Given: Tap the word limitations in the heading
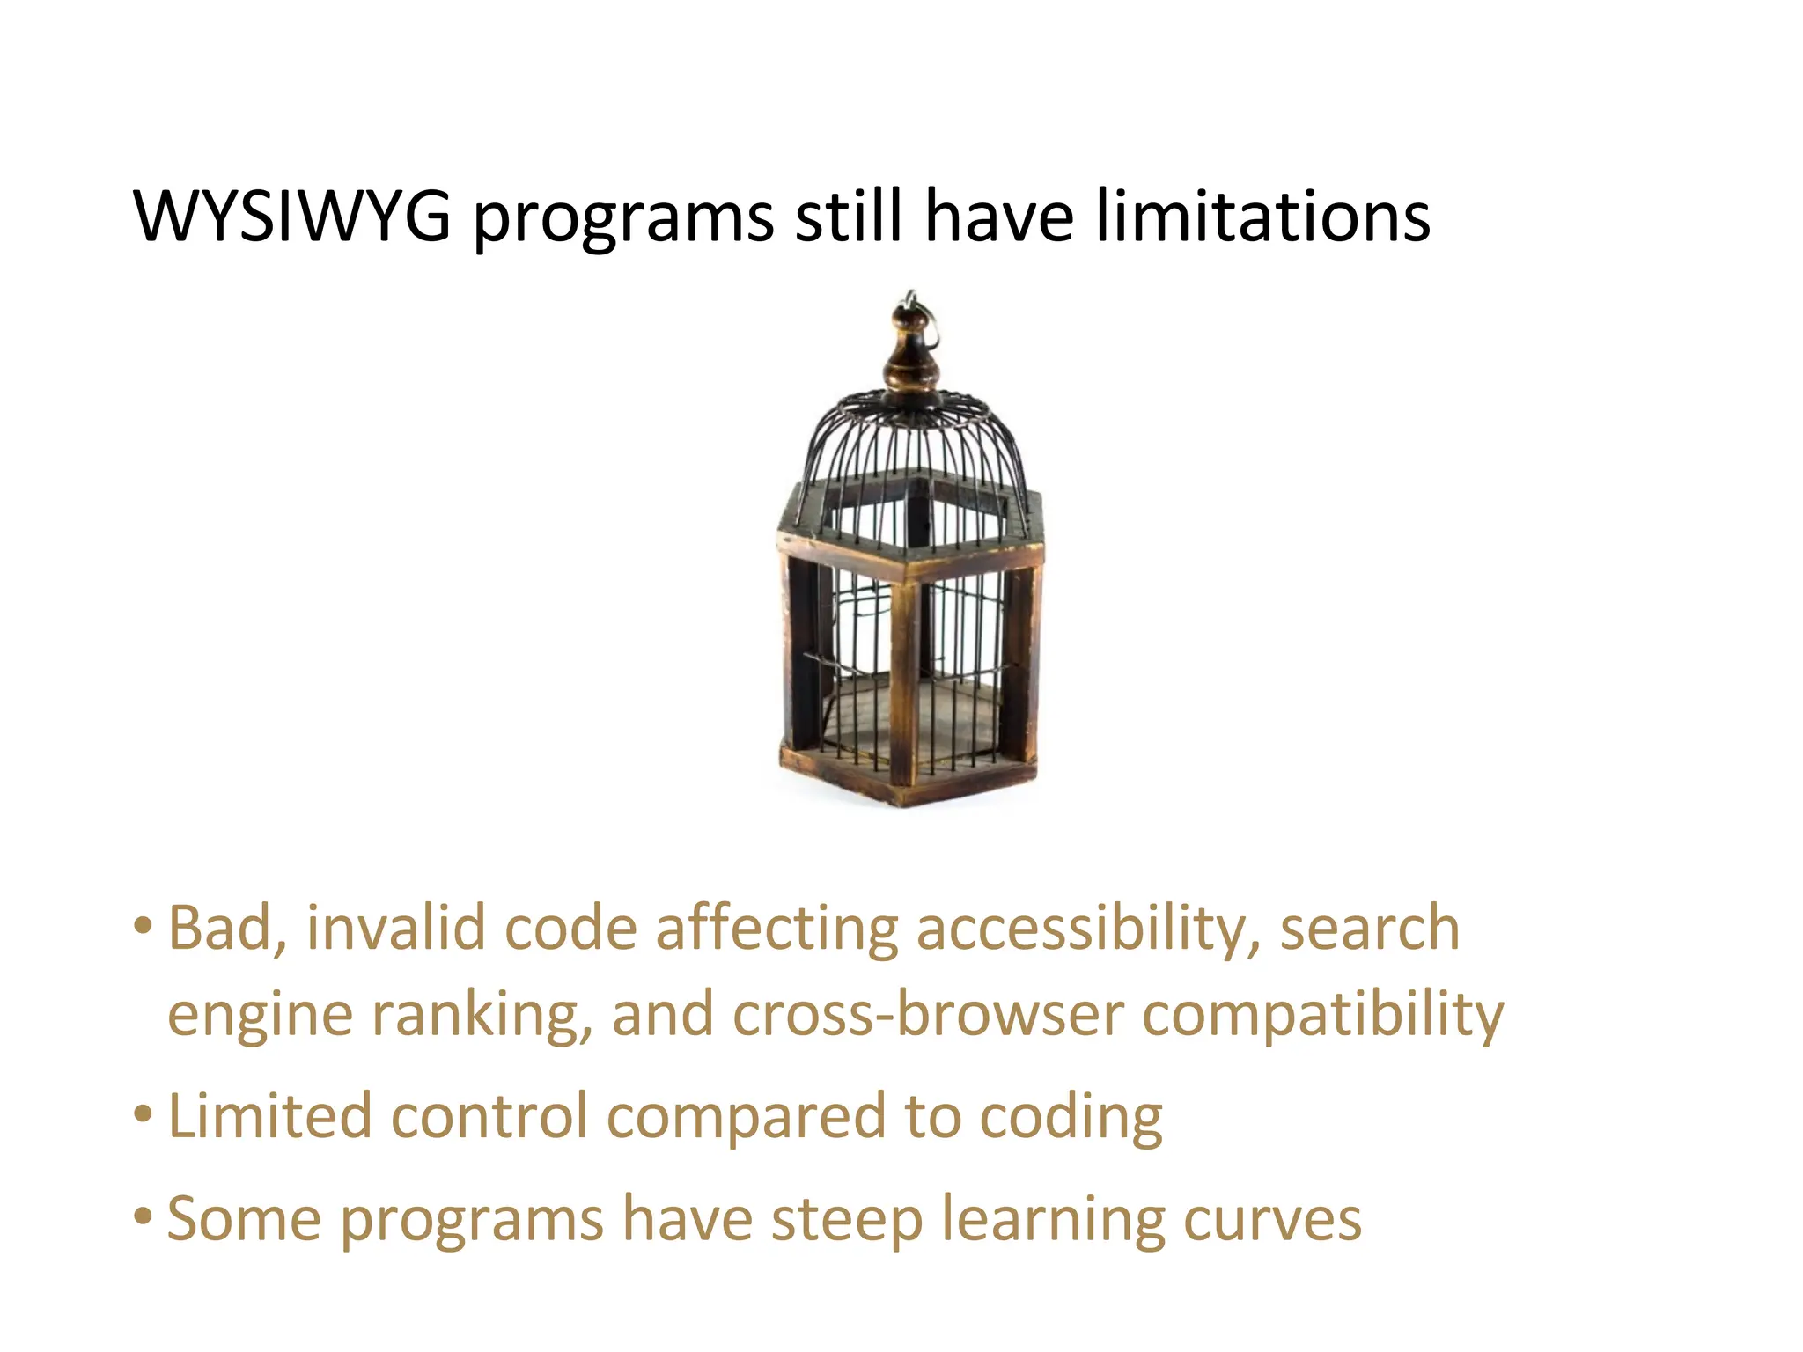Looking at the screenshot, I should coord(1262,216).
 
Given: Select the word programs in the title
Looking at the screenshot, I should coord(623,220).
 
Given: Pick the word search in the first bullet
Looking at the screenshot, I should coord(1369,930).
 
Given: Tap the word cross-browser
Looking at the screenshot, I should coord(928,1014).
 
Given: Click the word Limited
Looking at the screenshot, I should coord(269,1116).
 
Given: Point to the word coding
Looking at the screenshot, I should coord(1071,1119).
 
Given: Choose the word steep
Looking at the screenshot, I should coord(847,1221).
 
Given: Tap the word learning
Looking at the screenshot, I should coord(1052,1222).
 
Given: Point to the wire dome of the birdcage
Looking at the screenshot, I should coord(912,440).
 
